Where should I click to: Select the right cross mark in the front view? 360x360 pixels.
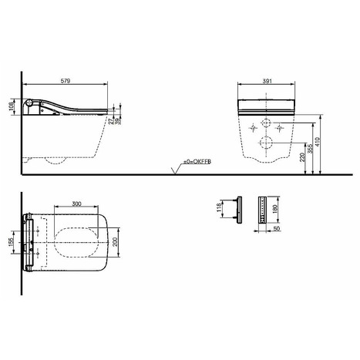278,127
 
